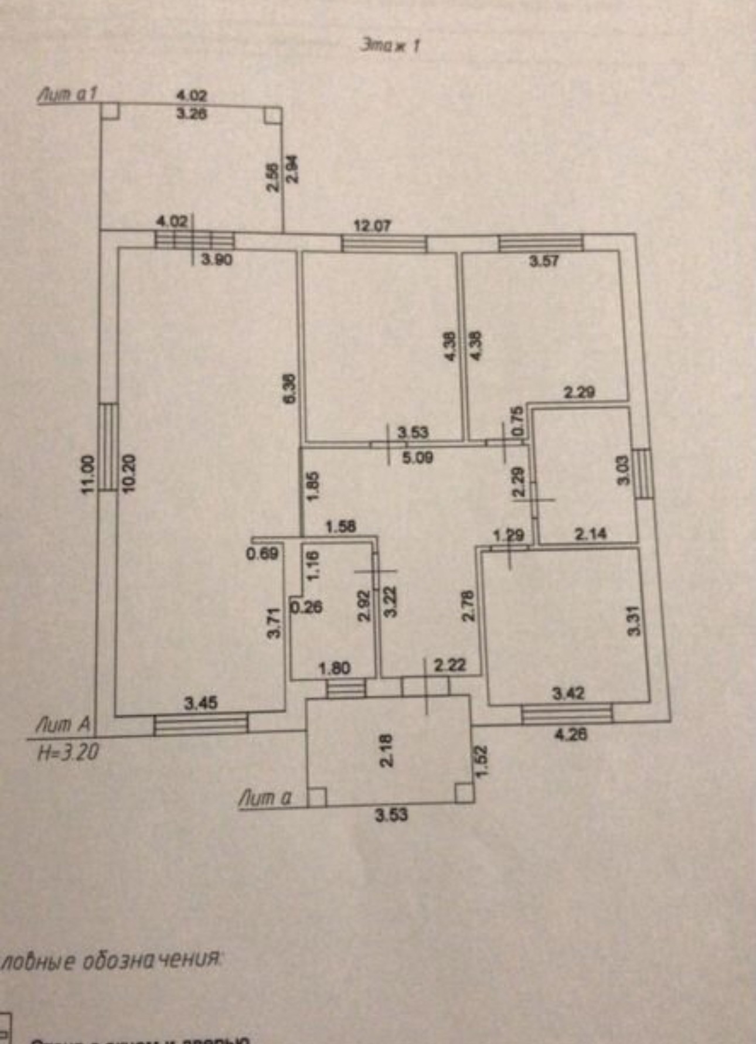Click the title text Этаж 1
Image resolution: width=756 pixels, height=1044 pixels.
pos(390,46)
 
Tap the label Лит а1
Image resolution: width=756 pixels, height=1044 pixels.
pos(67,95)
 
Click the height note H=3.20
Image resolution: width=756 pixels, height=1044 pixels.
pos(68,752)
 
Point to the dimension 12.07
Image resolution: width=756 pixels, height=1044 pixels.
pos(372,226)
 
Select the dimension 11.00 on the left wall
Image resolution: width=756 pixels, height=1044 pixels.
pos(87,474)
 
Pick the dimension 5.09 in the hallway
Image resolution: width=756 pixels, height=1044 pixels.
pos(417,457)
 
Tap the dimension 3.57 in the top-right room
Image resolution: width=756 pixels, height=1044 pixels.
pos(544,261)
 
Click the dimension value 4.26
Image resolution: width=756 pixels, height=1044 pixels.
pos(570,733)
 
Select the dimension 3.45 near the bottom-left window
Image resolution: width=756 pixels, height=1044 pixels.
pos(201,702)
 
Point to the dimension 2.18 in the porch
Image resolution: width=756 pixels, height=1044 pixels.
pos(387,750)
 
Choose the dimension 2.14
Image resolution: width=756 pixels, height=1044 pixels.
pos(590,534)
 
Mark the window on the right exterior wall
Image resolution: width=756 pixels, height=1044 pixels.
pos(643,473)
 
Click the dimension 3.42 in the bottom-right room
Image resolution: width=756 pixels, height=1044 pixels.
pos(568,694)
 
